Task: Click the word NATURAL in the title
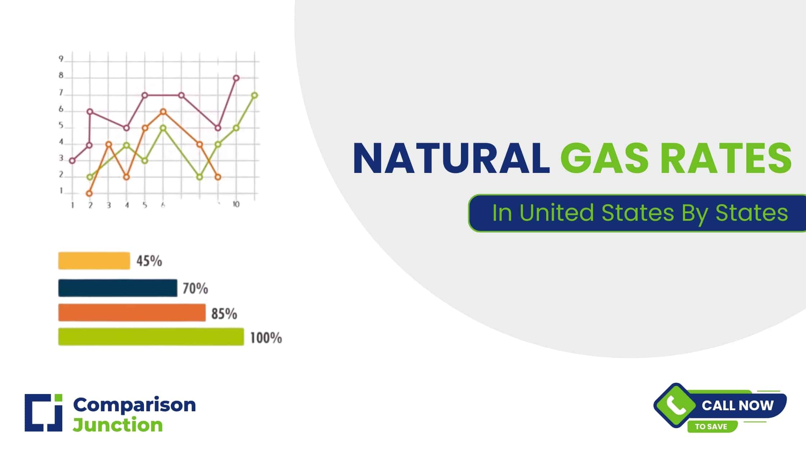pyautogui.click(x=451, y=159)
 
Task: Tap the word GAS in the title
pyautogui.click(x=604, y=159)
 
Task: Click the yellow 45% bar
pyautogui.click(x=94, y=261)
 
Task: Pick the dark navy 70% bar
pyautogui.click(x=118, y=288)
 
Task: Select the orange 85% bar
pyautogui.click(x=132, y=312)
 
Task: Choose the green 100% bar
pyautogui.click(x=151, y=337)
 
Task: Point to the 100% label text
pyautogui.click(x=266, y=338)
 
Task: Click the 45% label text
pyautogui.click(x=149, y=261)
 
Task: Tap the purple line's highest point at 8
pyautogui.click(x=236, y=78)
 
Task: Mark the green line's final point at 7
pyautogui.click(x=254, y=95)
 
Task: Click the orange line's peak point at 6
pyautogui.click(x=163, y=111)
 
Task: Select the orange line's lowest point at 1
pyautogui.click(x=90, y=193)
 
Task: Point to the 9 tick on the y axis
pyautogui.click(x=61, y=59)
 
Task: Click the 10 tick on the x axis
pyautogui.click(x=236, y=204)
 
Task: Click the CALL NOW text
pyautogui.click(x=737, y=406)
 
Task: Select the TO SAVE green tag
pyautogui.click(x=711, y=427)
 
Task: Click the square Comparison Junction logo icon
pyautogui.click(x=44, y=412)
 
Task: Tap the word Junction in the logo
pyautogui.click(x=118, y=425)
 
